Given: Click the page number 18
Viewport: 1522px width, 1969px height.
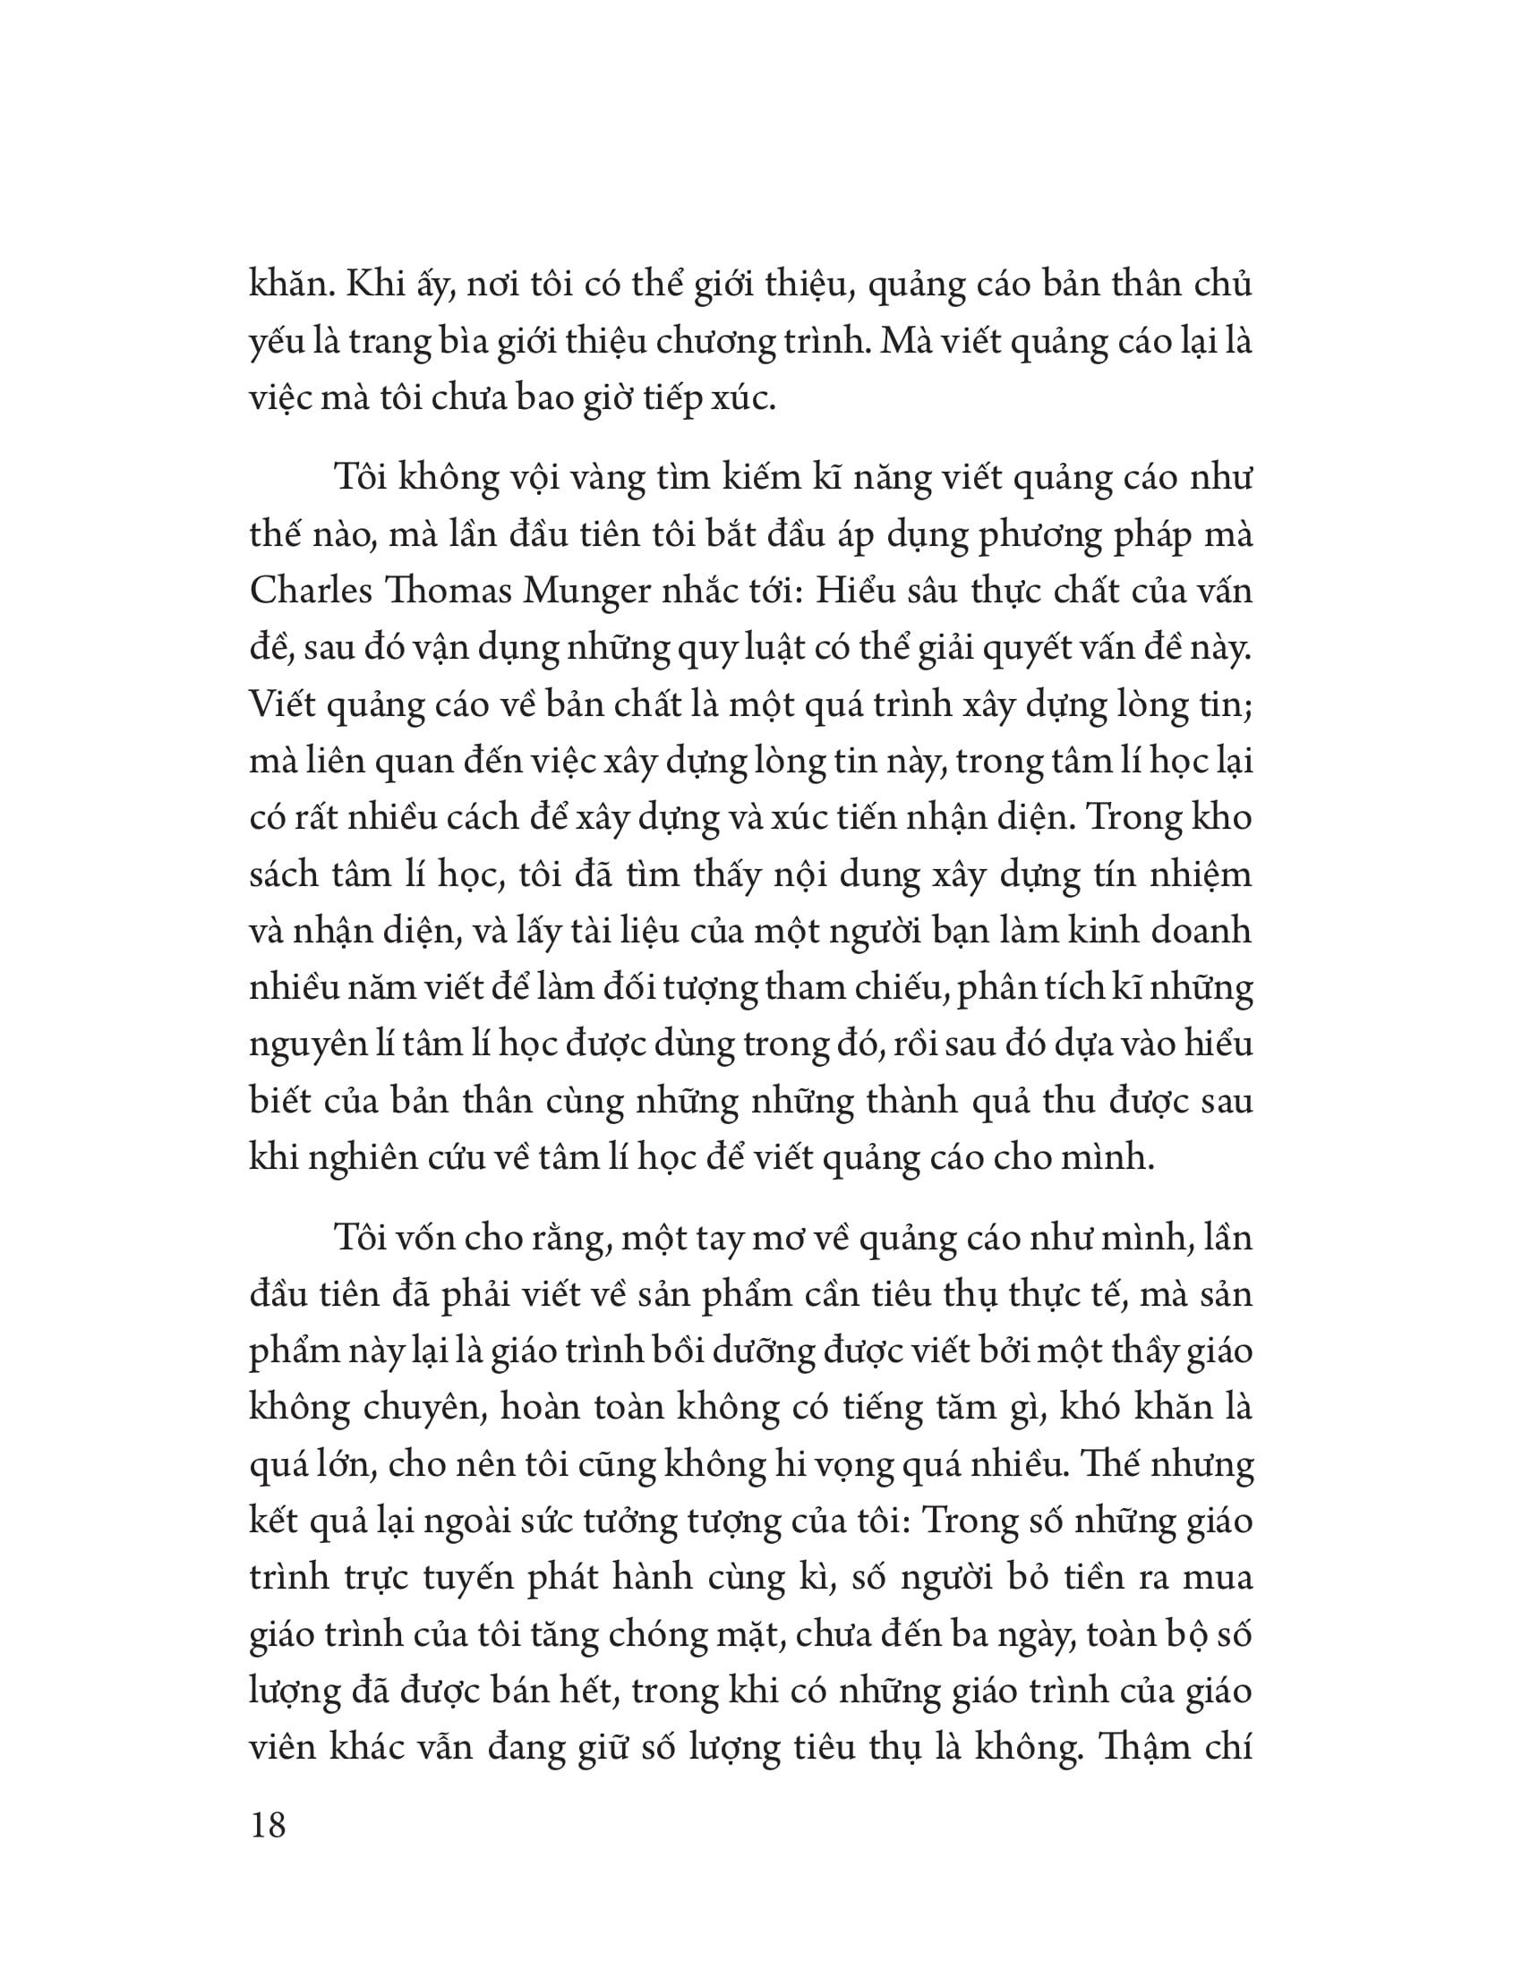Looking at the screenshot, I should (x=268, y=1827).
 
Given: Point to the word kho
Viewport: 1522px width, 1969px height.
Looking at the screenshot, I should (x=1223, y=817).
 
